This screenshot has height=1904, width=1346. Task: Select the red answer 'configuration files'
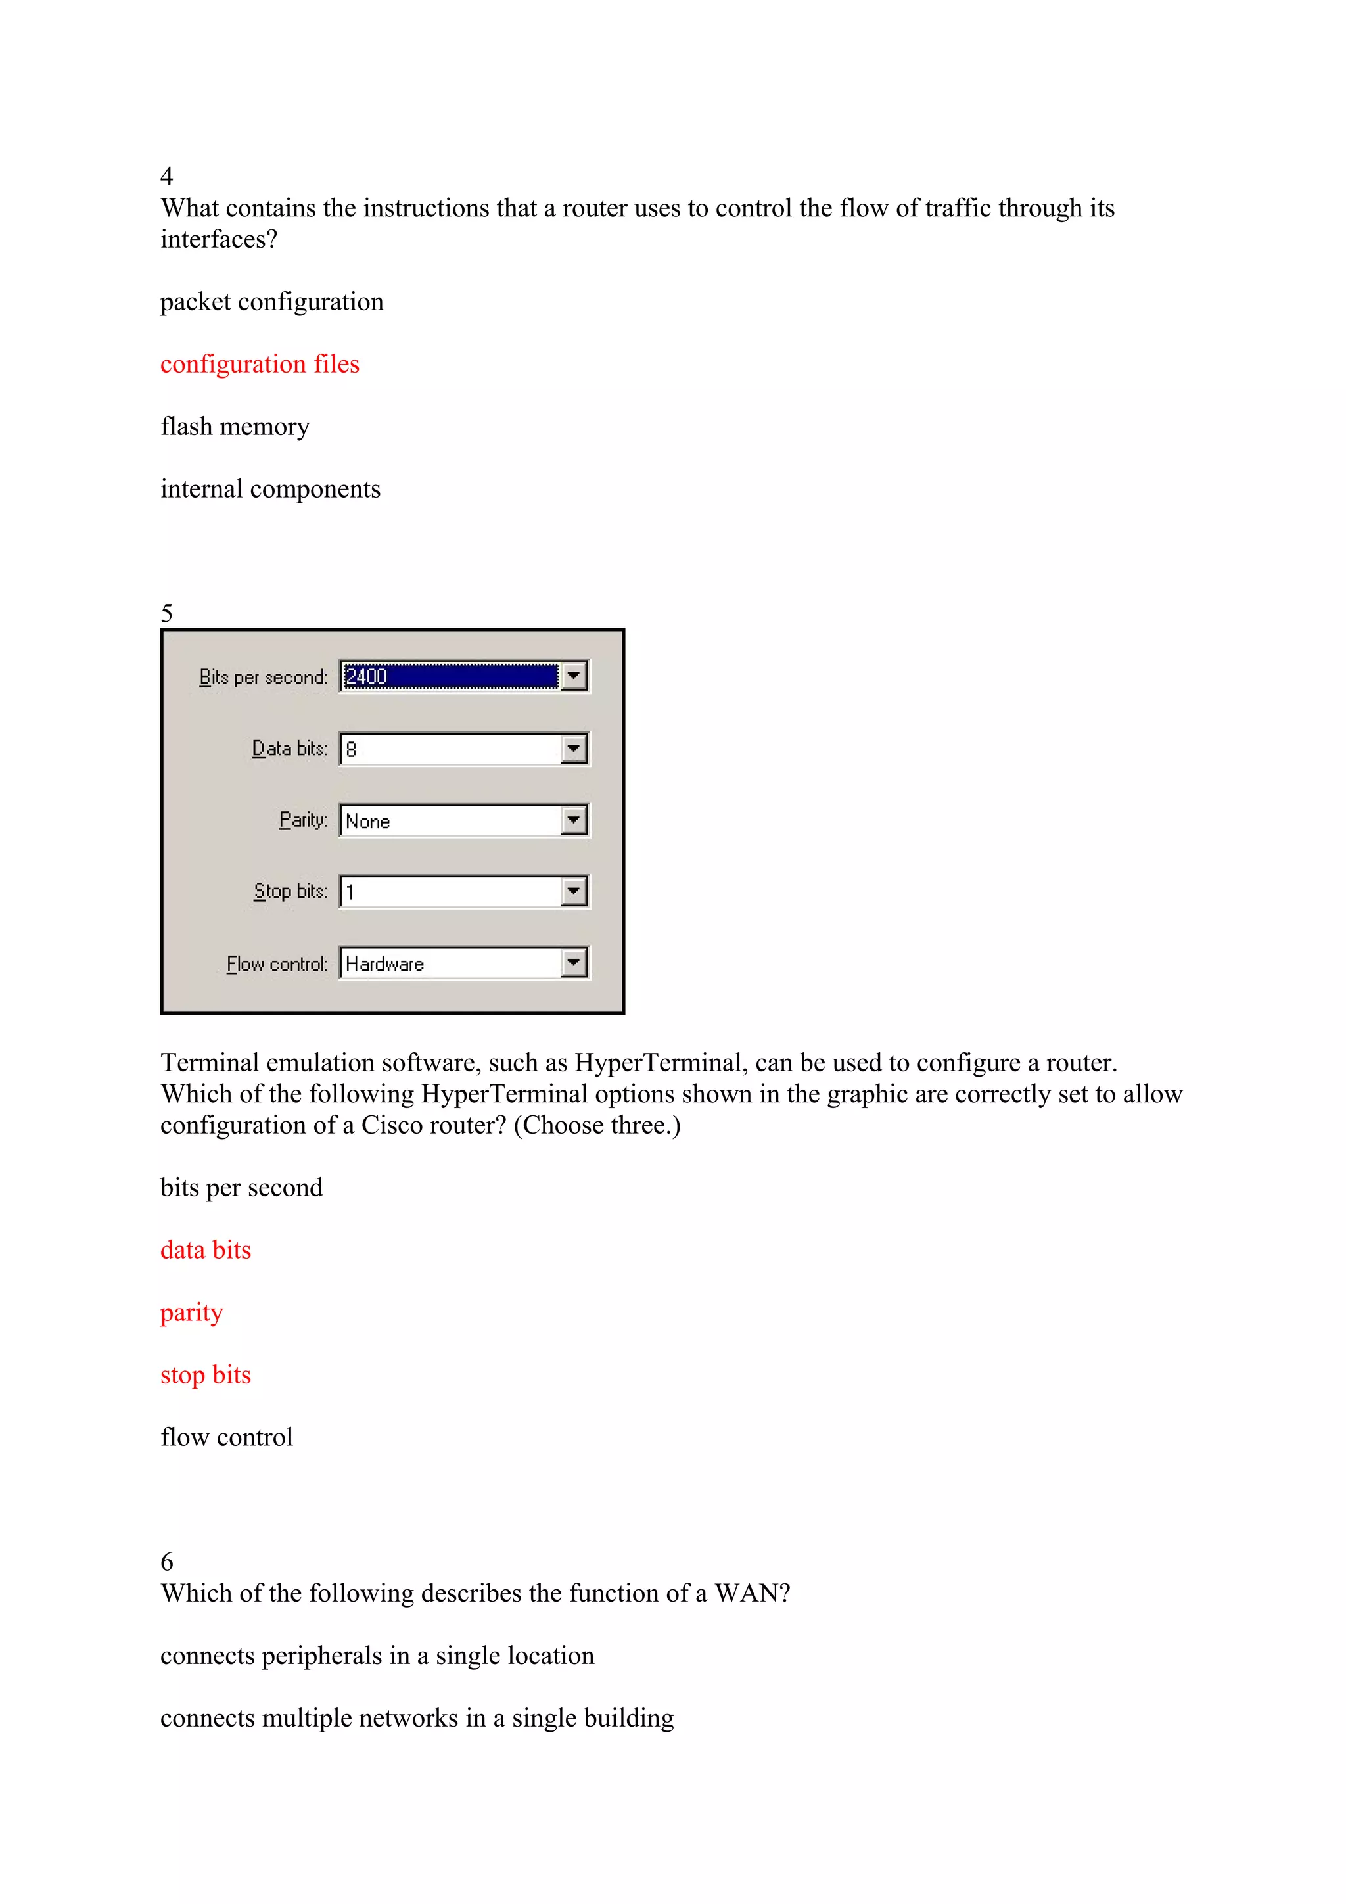tap(260, 364)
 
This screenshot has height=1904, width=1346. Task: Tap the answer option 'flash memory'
tap(235, 427)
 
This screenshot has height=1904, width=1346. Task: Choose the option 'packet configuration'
tap(272, 302)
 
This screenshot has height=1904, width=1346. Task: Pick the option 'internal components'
tap(270, 489)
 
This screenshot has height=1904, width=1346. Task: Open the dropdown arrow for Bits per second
tap(574, 676)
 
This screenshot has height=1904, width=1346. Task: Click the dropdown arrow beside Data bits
tap(574, 749)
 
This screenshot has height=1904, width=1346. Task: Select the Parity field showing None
tap(450, 821)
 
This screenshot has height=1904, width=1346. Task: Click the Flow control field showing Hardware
tap(450, 964)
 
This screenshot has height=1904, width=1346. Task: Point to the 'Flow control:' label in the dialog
tap(277, 964)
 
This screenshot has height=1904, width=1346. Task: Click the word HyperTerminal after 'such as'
tap(660, 1063)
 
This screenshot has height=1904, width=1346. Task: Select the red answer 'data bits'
tap(206, 1249)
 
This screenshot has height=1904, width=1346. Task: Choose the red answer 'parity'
tap(191, 1312)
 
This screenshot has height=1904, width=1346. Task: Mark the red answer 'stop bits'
tap(206, 1375)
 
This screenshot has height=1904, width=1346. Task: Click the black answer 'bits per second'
tap(241, 1188)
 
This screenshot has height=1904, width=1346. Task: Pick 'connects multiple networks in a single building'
tap(417, 1718)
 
